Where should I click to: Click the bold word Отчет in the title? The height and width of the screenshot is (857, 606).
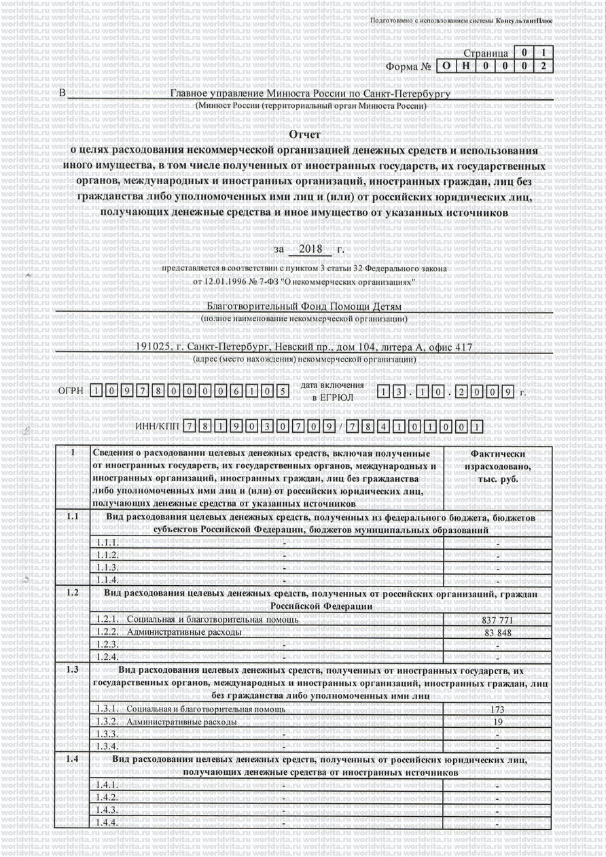(304, 135)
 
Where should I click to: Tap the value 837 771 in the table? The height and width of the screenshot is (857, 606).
(498, 620)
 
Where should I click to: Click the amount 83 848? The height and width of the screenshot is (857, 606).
(498, 633)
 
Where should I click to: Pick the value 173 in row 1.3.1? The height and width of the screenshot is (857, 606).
(498, 710)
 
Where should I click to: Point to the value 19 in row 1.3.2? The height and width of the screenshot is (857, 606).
(498, 722)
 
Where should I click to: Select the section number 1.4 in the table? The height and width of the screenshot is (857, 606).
(73, 758)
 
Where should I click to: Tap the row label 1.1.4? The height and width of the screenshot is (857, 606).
(108, 580)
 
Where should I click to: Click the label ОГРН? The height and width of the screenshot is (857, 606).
(70, 391)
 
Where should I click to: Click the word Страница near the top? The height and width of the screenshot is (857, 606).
(485, 53)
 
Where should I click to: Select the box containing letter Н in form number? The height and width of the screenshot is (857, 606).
(464, 67)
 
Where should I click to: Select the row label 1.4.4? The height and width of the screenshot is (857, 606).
(108, 822)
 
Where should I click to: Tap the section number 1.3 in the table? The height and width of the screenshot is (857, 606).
(73, 669)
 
